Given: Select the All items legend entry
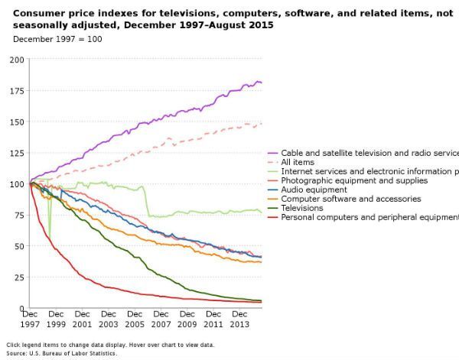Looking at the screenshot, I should point(298,162).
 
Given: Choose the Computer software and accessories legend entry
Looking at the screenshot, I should point(340,199).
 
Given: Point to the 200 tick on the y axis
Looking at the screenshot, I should point(15,60).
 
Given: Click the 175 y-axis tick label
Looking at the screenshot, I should point(15,91).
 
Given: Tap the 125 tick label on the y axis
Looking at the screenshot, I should point(15,153).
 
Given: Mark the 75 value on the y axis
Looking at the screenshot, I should point(18,216).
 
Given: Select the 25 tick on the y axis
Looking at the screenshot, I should point(18,277).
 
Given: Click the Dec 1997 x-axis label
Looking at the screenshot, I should point(30,318).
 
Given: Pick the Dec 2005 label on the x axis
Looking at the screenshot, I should point(135,318).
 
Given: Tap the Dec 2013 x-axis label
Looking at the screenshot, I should point(239,318).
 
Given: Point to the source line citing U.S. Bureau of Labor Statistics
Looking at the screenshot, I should point(62,353).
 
